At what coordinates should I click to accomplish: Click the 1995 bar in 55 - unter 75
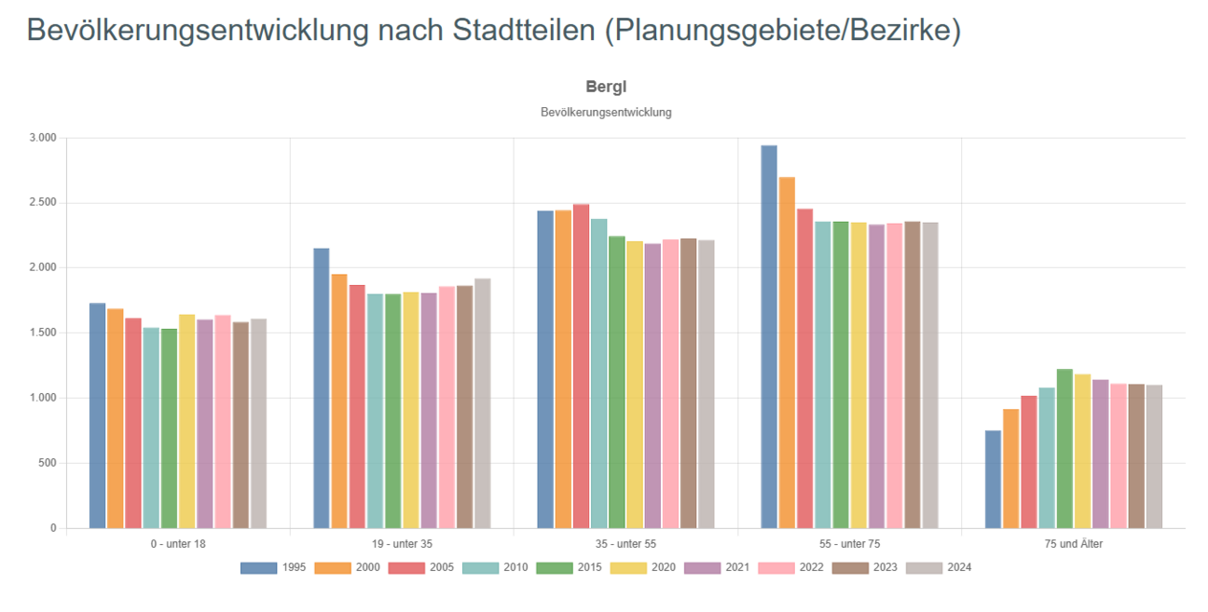[x=769, y=336]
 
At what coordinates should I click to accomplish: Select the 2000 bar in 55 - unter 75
[x=787, y=352]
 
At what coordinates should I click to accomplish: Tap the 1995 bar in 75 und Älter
[x=993, y=479]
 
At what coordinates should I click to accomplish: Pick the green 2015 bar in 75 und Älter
[x=1064, y=448]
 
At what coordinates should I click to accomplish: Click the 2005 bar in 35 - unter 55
[x=581, y=366]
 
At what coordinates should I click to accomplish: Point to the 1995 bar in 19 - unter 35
[x=321, y=388]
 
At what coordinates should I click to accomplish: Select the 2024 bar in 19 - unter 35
[x=482, y=403]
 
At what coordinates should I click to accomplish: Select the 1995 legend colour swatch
[x=258, y=567]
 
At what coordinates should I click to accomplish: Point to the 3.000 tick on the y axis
[x=44, y=138]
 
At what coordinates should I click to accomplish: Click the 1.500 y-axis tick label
[x=44, y=333]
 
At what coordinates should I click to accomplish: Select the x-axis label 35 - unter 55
[x=625, y=544]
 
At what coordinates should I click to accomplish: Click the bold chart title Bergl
[x=606, y=87]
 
